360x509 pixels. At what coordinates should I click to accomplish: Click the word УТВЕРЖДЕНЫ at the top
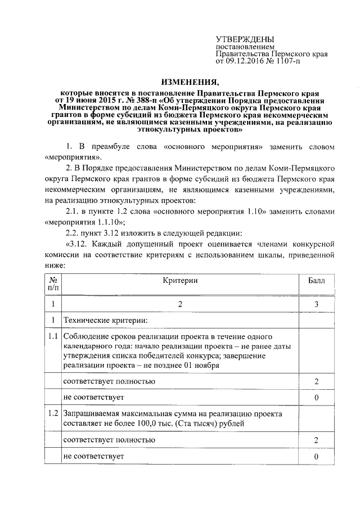(241, 38)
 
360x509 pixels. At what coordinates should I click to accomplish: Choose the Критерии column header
(180, 280)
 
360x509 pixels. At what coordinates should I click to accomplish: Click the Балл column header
(317, 280)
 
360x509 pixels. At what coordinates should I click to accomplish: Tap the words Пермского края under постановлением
(298, 53)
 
